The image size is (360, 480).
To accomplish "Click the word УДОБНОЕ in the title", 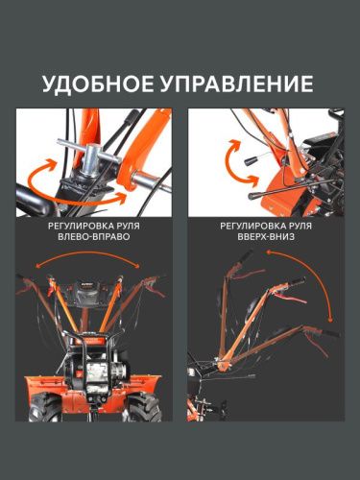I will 98,84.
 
